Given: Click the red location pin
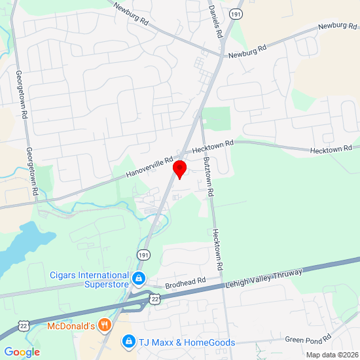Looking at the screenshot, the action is click(x=179, y=168).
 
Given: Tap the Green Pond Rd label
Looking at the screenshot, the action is click(x=308, y=339).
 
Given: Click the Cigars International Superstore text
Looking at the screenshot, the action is click(x=90, y=279).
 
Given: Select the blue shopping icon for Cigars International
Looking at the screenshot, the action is click(x=139, y=279).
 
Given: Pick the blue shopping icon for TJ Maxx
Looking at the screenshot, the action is click(x=129, y=341).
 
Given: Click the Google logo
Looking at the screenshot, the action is click(x=22, y=352).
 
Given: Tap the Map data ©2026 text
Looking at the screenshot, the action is click(x=332, y=355).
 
